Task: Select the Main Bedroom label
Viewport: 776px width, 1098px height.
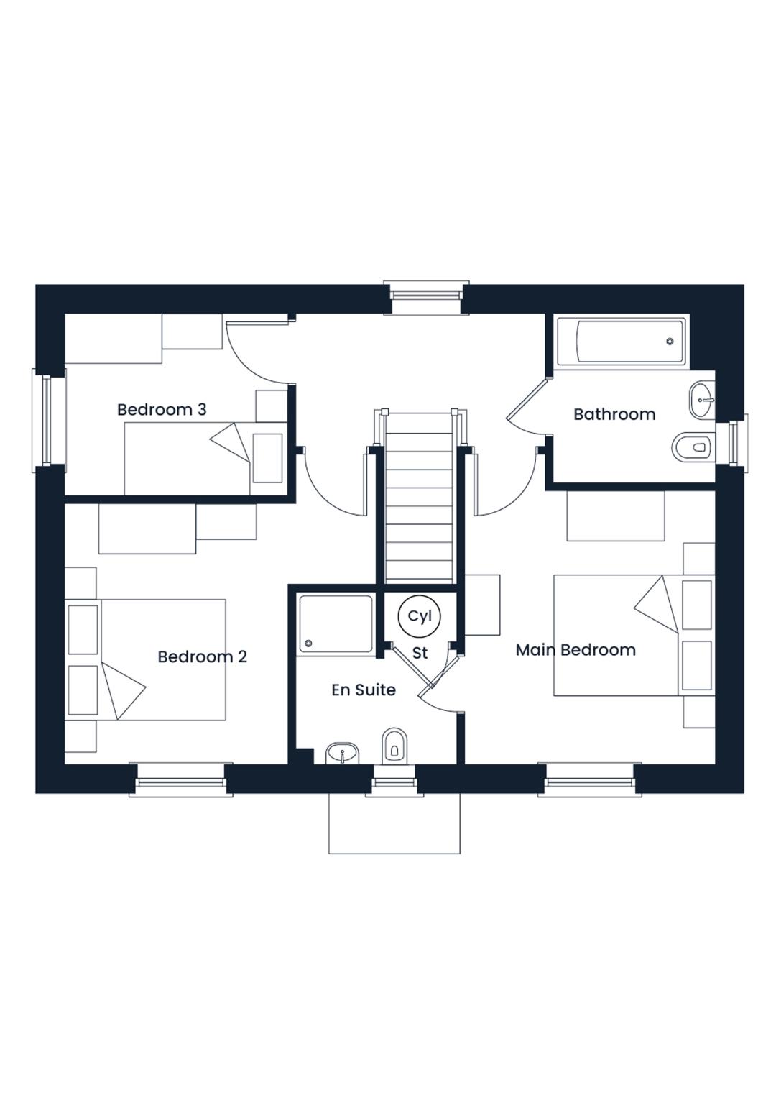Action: [576, 650]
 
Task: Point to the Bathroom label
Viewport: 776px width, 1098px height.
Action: [614, 414]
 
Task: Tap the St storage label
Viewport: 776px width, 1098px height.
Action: [420, 653]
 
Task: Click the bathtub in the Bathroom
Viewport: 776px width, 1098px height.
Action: [619, 341]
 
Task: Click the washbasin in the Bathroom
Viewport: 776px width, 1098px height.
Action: [701, 401]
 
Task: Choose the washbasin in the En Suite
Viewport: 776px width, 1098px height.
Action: [343, 752]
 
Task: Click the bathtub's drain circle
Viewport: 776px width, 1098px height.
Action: [670, 341]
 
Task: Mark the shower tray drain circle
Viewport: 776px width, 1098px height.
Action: [308, 643]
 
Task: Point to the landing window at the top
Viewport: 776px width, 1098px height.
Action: [426, 296]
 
